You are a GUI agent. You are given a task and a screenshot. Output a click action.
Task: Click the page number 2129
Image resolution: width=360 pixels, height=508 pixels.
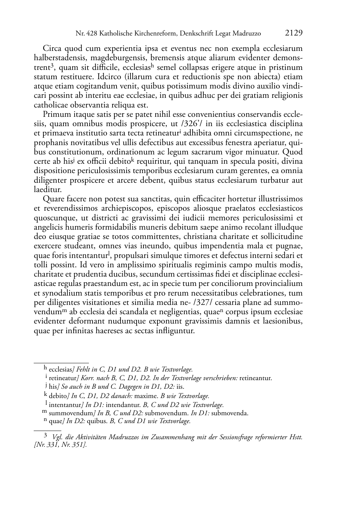click(x=294, y=33)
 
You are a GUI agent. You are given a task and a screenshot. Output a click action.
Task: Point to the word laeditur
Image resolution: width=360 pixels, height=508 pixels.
click(x=48, y=190)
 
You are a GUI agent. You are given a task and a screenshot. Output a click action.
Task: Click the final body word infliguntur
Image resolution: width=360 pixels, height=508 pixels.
click(x=173, y=331)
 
